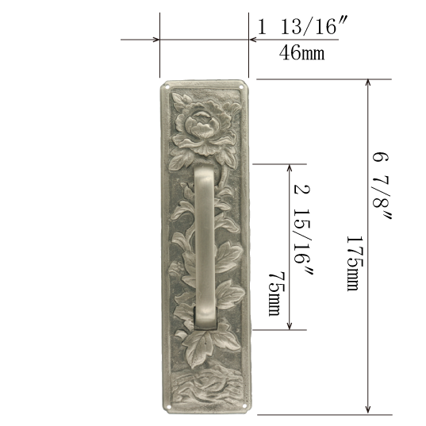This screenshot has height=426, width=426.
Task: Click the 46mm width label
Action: pyautogui.click(x=301, y=52)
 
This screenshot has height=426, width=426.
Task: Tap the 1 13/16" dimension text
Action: pyautogui.click(x=301, y=26)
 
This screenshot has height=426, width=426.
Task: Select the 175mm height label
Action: pyautogui.click(x=355, y=263)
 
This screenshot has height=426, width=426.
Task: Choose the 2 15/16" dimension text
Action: pyautogui.click(x=303, y=229)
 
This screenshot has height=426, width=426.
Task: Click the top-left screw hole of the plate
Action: pyautogui.click(x=167, y=87)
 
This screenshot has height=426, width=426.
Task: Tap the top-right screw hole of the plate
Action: pyautogui.click(x=241, y=87)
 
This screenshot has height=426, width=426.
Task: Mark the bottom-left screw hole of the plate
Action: pyautogui.click(x=169, y=407)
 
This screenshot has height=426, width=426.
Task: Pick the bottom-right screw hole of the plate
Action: pyautogui.click(x=244, y=406)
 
